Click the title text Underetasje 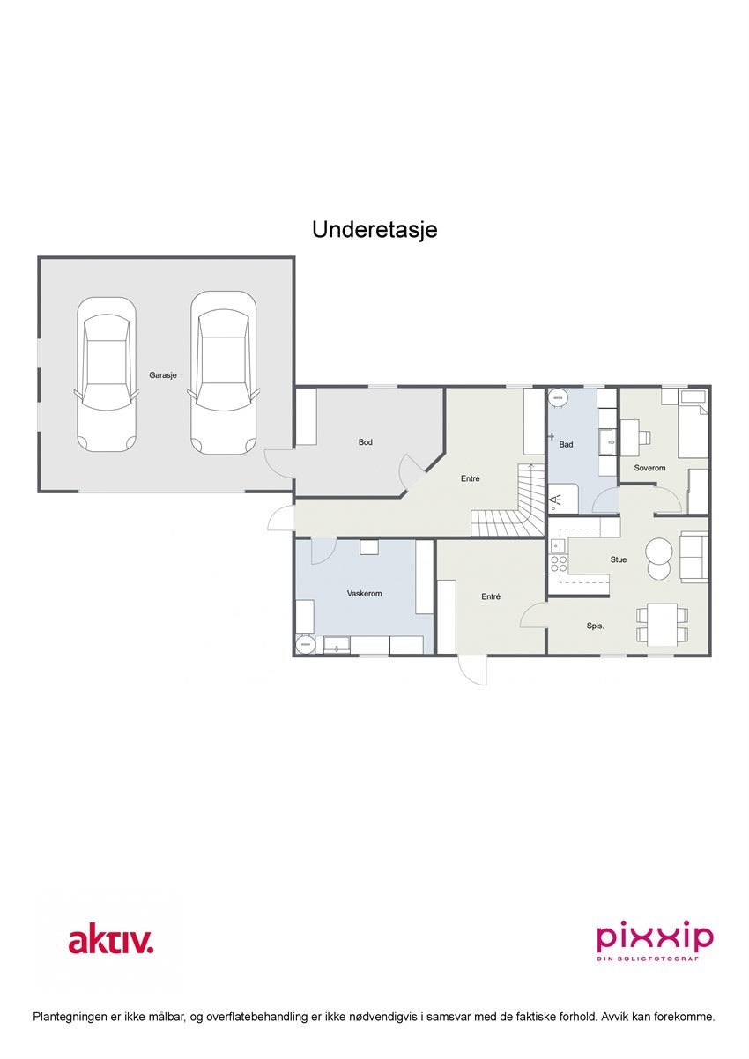tap(374, 230)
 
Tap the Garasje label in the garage tap(163, 374)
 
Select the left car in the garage tap(107, 374)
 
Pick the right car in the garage tap(223, 374)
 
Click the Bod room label tap(365, 442)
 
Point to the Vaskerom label tap(364, 594)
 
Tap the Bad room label tap(566, 445)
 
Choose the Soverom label tap(649, 468)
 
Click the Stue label tap(619, 559)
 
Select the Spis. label tap(596, 626)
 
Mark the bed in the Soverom tap(693, 431)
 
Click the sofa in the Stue tap(694, 556)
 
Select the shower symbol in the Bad tap(556, 501)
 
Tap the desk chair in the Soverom tap(645, 436)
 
